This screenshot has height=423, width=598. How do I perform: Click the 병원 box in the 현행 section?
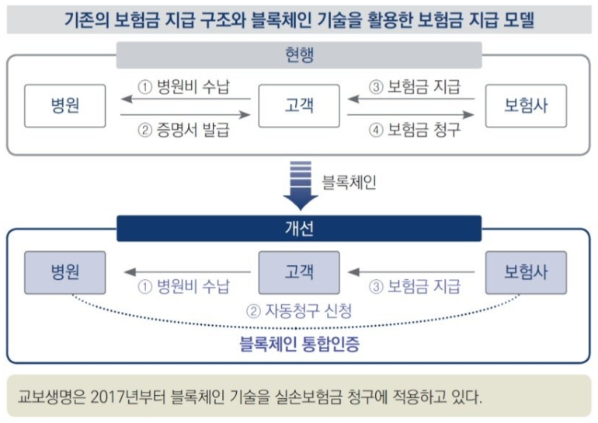[64, 104]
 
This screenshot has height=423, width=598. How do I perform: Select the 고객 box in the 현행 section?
[299, 104]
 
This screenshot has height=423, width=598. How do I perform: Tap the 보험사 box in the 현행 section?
[526, 104]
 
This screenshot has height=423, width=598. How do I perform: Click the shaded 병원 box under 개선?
[64, 272]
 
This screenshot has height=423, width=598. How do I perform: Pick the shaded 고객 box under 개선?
[299, 272]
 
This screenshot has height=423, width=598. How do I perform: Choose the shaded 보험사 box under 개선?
[526, 272]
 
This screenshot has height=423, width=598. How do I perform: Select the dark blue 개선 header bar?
[299, 228]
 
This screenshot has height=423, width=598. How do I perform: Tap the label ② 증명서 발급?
[184, 129]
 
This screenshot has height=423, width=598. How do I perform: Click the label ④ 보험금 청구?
[413, 129]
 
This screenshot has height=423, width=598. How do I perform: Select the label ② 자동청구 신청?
[299, 312]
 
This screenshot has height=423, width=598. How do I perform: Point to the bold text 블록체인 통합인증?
[299, 341]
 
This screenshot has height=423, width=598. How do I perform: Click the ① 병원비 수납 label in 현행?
[184, 86]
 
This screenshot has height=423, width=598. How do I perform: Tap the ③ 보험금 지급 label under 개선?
[413, 285]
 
